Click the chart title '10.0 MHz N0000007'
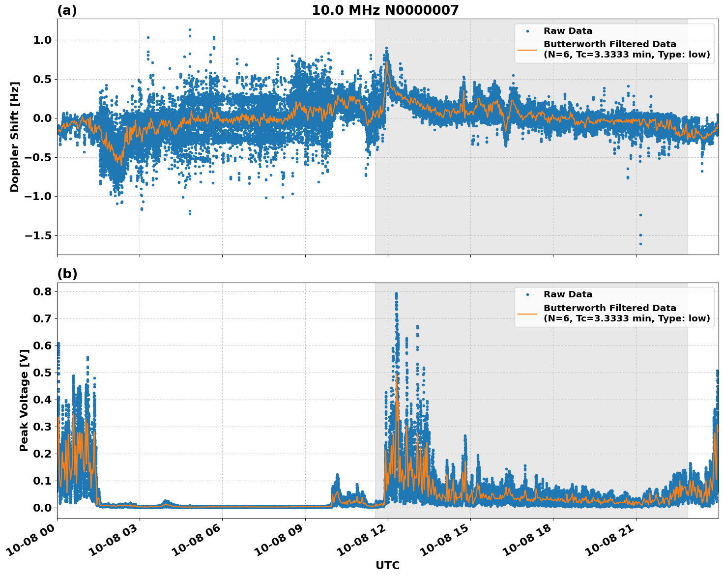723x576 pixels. [385, 10]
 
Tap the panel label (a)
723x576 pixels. [67, 10]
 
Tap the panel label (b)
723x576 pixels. [67, 274]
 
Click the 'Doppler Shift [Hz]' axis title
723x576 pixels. [15, 137]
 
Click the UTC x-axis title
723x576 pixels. [387, 565]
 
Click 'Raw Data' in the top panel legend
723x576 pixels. [568, 31]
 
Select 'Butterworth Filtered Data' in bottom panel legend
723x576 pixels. [609, 308]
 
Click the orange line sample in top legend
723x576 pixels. [528, 49]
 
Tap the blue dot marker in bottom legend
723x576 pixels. [527, 295]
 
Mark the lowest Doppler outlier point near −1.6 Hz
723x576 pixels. [640, 244]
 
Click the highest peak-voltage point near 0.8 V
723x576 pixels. [396, 294]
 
